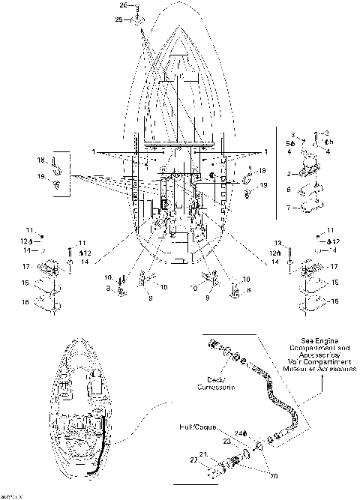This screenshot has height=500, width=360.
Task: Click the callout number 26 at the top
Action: click(x=124, y=6)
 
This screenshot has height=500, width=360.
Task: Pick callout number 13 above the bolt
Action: click(x=276, y=244)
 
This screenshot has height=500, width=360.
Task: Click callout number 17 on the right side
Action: click(x=334, y=266)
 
